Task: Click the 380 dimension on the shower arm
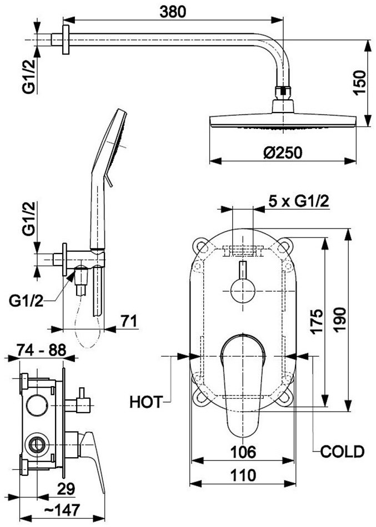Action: click(173, 12)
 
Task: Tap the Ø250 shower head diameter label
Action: click(283, 153)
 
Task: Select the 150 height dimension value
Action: click(360, 83)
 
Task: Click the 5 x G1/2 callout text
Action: click(299, 201)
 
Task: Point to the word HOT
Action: click(146, 402)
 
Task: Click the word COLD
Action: click(342, 452)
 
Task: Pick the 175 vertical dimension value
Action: click(317, 321)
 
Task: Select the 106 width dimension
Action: click(243, 452)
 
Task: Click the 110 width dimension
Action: click(243, 475)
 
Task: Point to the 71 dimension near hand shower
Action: click(129, 321)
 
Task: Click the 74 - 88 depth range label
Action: click(41, 350)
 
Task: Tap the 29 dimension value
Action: click(66, 489)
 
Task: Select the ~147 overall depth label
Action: click(62, 510)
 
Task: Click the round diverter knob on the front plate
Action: click(243, 290)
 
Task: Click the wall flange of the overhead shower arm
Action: click(66, 39)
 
